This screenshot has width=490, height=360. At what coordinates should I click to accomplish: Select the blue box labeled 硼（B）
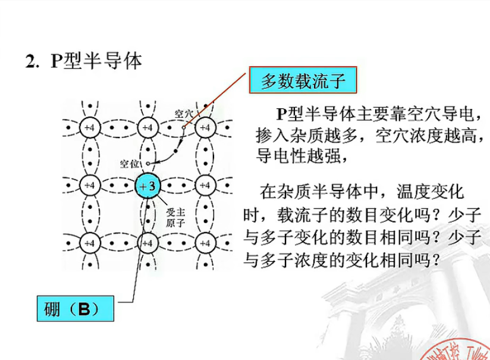(75, 309)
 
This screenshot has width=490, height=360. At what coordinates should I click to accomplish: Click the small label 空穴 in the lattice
(183, 113)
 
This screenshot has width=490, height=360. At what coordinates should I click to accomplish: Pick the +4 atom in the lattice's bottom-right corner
(205, 243)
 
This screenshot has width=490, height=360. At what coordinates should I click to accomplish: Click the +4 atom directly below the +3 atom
(147, 243)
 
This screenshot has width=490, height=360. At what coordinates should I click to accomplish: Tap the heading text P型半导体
(96, 61)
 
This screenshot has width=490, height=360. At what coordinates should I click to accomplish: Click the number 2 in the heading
(30, 62)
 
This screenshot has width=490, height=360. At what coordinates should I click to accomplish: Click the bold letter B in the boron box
(84, 309)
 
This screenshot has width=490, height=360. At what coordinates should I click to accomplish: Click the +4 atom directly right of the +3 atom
(205, 186)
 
